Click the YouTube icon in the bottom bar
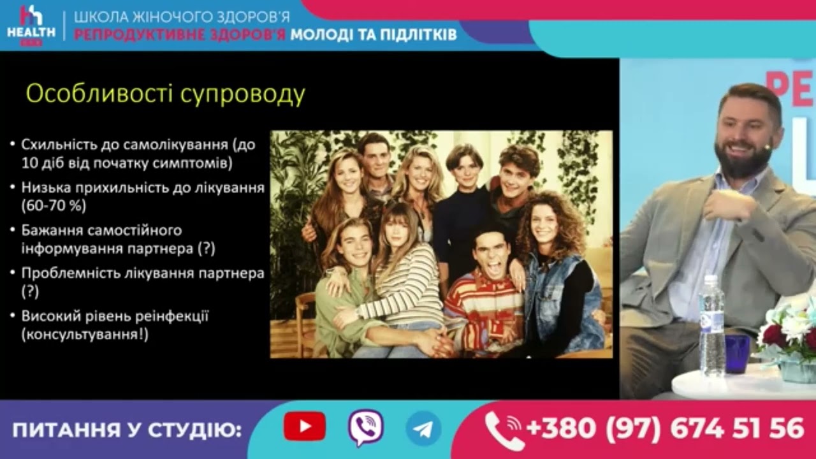point(304,426)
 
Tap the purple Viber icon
point(365,427)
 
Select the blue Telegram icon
point(423,428)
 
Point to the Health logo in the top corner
point(29,25)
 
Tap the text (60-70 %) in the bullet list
point(54,206)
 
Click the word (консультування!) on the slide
point(85,334)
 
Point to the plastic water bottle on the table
point(711,325)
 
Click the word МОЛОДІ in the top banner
point(328,34)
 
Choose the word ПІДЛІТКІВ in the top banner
point(420,34)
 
